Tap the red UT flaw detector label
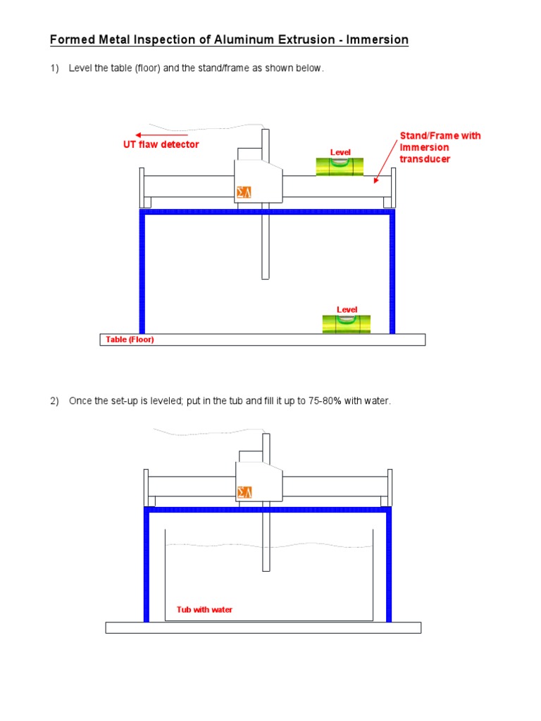point(161,144)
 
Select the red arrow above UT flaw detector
point(161,134)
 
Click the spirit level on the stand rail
point(340,166)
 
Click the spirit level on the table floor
point(346,324)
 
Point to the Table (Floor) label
point(129,339)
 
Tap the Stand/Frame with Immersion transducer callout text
point(440,147)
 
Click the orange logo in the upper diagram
point(244,192)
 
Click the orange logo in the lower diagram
point(244,491)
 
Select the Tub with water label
point(204,609)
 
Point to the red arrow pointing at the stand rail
point(385,161)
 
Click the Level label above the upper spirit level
point(340,152)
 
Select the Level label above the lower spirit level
point(347,310)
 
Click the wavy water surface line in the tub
point(268,545)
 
